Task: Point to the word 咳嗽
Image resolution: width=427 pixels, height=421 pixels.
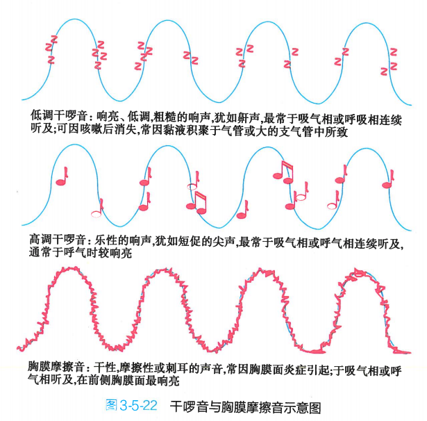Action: (x=78, y=130)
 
